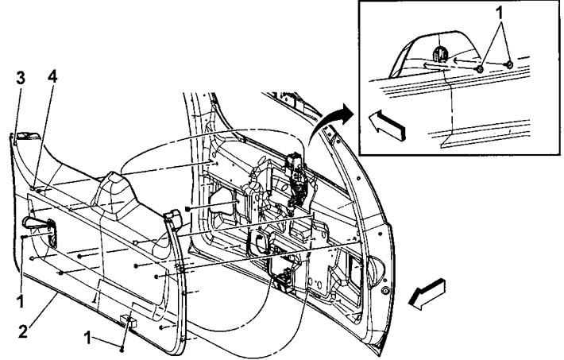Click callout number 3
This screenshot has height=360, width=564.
coord(21,79)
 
